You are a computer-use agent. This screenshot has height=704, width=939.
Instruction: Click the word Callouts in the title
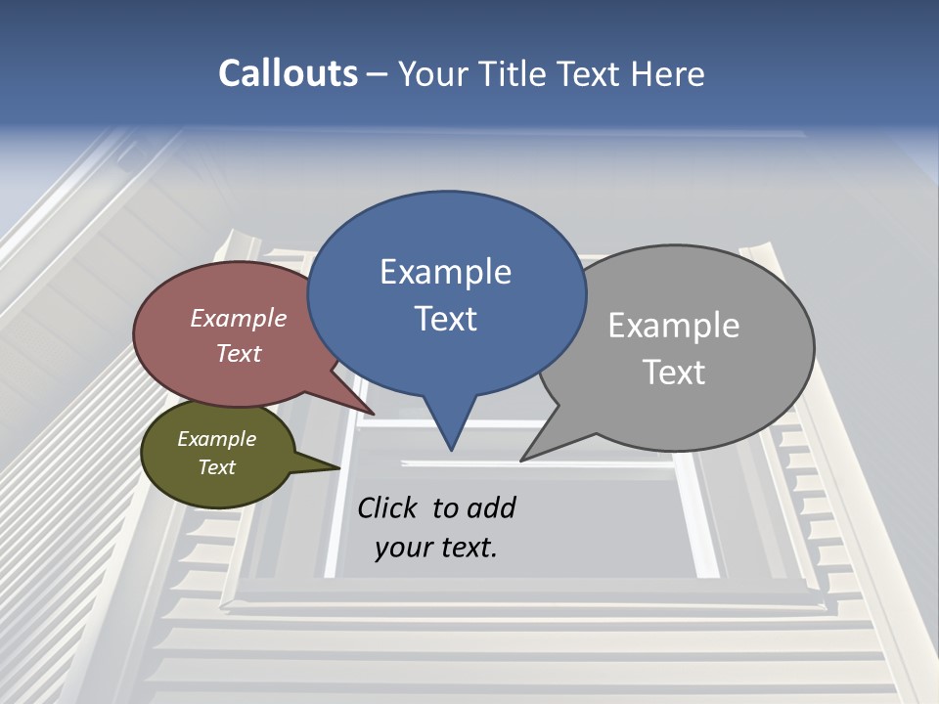(288, 74)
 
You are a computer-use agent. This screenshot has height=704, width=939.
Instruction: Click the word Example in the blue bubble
(445, 272)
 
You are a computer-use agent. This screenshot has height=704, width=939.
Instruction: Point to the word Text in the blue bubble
(445, 319)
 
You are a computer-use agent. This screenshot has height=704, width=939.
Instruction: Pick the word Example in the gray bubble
(674, 326)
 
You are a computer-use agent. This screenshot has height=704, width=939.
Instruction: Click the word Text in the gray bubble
(674, 373)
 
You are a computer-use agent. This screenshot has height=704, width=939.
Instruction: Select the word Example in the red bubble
(239, 318)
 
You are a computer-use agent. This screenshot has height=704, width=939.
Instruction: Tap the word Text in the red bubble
(239, 353)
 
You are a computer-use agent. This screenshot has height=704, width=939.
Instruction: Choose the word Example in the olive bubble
(216, 439)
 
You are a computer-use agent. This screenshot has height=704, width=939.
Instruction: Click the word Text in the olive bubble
(216, 467)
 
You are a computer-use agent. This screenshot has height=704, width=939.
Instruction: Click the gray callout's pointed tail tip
(522, 460)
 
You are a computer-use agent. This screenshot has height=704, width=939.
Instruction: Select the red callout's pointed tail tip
(373, 414)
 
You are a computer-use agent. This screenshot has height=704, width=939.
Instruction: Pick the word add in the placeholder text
(491, 508)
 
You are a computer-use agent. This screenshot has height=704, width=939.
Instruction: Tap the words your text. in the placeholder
(436, 548)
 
